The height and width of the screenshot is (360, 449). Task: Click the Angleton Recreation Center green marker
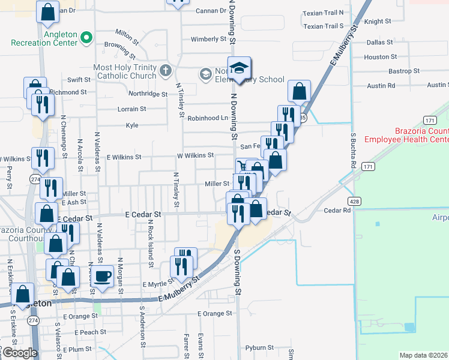(86, 38)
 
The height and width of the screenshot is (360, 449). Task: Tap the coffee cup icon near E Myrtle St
(102, 276)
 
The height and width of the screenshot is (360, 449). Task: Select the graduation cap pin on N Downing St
(239, 68)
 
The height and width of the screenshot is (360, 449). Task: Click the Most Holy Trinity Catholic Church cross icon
(166, 71)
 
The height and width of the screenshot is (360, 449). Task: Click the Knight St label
(378, 22)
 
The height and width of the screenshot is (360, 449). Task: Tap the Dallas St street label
(379, 43)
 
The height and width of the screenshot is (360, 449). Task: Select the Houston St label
(376, 57)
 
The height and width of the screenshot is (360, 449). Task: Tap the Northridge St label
(146, 94)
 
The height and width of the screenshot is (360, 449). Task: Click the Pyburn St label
(260, 348)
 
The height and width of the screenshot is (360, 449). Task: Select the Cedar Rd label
(337, 211)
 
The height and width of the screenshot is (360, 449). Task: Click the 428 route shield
(357, 202)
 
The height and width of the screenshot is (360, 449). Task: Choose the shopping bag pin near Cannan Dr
(47, 11)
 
